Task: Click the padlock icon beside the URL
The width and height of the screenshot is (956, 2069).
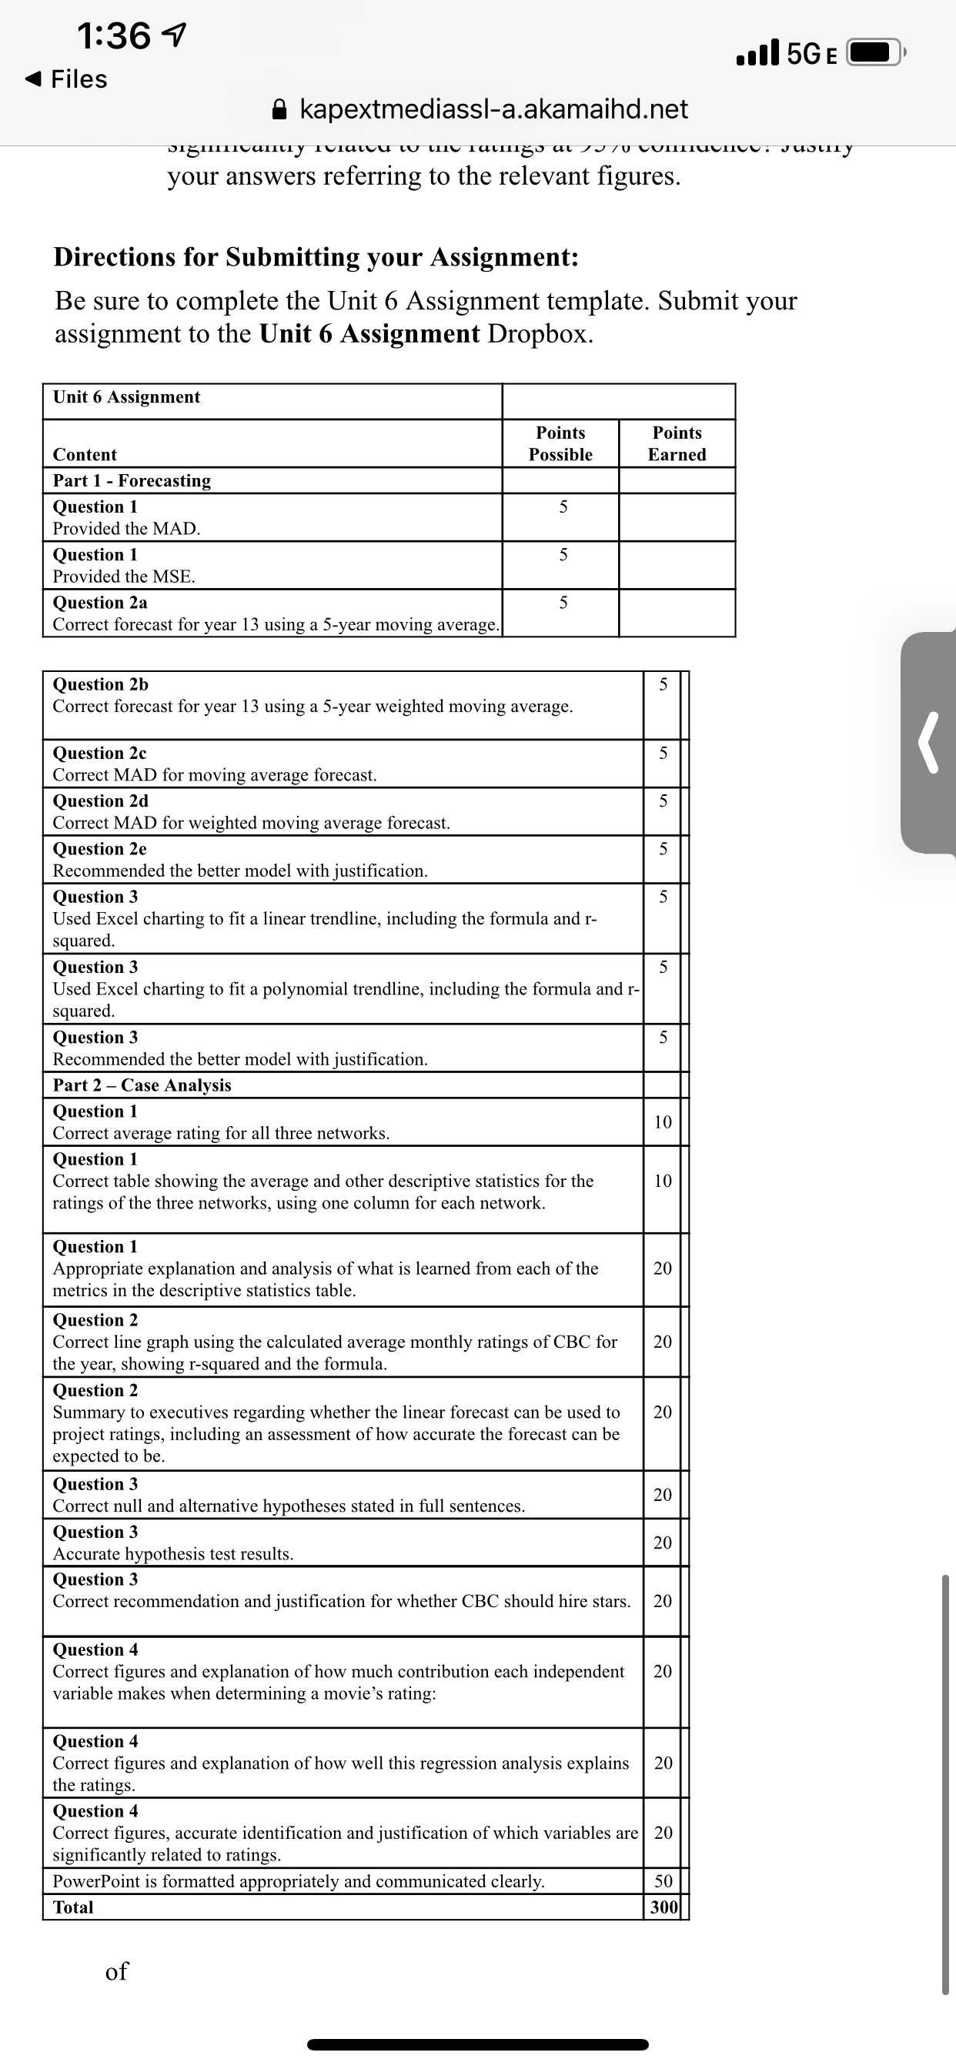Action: (279, 109)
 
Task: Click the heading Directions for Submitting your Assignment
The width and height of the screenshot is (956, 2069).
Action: (316, 257)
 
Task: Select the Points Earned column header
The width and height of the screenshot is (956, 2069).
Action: (677, 443)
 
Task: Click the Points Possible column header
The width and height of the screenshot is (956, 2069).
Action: (561, 443)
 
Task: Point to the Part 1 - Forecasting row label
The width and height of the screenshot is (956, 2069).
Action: (132, 480)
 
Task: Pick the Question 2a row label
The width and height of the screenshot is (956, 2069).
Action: (99, 603)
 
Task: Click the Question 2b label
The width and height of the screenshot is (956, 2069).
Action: (100, 684)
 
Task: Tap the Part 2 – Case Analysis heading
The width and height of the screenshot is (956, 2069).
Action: (142, 1085)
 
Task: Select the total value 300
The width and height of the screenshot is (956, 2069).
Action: (664, 1907)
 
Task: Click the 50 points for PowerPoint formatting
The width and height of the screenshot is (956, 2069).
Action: (664, 1881)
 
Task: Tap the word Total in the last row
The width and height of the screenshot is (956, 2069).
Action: (73, 1907)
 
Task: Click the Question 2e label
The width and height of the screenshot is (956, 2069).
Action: (99, 849)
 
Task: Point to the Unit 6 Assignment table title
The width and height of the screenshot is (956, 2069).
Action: (127, 396)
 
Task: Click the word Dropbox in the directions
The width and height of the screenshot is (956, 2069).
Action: (540, 333)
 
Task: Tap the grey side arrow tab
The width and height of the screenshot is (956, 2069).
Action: (930, 742)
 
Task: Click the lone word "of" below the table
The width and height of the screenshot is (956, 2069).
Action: (116, 1971)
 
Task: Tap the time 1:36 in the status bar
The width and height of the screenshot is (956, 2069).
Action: (114, 36)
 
